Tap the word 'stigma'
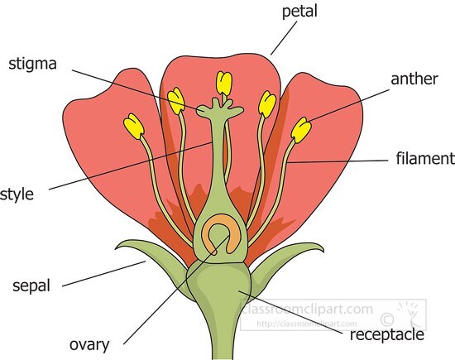pyautogui.click(x=32, y=64)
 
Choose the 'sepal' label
pyautogui.click(x=31, y=286)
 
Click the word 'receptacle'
pyautogui.click(x=387, y=334)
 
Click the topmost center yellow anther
pyautogui.click(x=223, y=83)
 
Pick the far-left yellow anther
pyautogui.click(x=133, y=127)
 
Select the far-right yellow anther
pyautogui.click(x=302, y=130)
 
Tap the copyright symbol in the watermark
pyautogui.click(x=386, y=316)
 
